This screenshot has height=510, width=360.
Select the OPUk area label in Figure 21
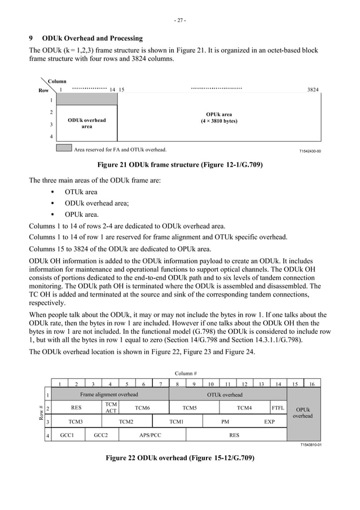pyautogui.click(x=219, y=117)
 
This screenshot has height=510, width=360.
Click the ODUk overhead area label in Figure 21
pyautogui.click(x=86, y=123)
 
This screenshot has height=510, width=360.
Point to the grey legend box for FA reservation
pyautogui.click(x=64, y=149)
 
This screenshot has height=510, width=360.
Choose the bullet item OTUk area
pyautogui.click(x=81, y=192)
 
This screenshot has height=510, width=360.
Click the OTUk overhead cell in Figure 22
pyautogui.click(x=225, y=395)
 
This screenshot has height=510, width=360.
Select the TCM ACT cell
pyautogui.click(x=111, y=407)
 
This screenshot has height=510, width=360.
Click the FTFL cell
pyautogui.click(x=278, y=407)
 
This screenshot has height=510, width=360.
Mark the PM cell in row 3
pyautogui.click(x=225, y=421)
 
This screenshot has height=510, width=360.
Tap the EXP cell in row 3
pyautogui.click(x=270, y=421)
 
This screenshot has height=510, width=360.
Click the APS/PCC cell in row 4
pyautogui.click(x=150, y=435)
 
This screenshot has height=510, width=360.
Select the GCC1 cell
pyautogui.click(x=68, y=435)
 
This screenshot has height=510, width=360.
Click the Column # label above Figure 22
pyautogui.click(x=185, y=373)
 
